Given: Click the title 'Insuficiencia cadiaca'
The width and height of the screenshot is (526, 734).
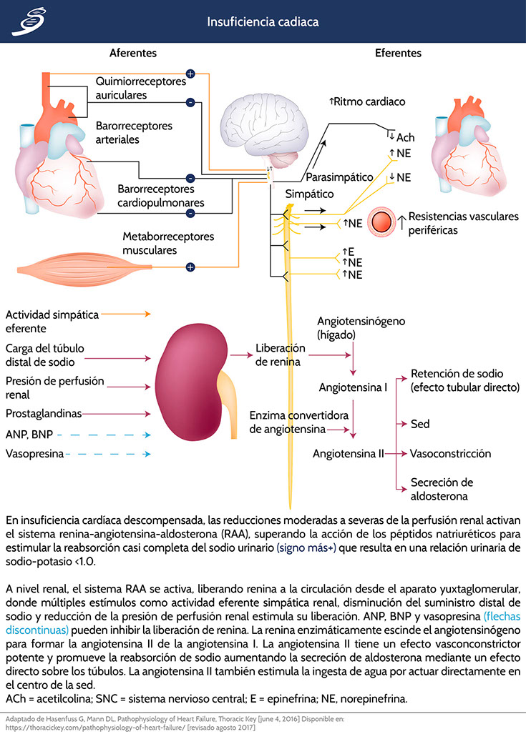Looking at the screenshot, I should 263,22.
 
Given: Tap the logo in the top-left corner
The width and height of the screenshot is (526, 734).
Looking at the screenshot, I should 26,22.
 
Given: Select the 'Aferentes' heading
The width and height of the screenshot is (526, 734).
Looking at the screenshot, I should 133,54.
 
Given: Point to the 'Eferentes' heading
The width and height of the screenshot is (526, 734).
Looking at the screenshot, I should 399,54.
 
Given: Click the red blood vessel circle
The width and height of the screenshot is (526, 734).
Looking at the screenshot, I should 381,222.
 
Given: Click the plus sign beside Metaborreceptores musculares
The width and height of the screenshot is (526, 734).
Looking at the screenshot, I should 190,267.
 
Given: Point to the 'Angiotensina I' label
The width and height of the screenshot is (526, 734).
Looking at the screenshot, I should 353,387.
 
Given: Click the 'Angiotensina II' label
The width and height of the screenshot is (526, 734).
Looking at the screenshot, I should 349,454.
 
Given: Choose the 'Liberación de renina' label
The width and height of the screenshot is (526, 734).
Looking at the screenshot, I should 281,354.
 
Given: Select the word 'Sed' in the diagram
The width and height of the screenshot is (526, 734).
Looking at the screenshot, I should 420,424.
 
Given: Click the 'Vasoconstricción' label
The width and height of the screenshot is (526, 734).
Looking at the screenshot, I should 451,454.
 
